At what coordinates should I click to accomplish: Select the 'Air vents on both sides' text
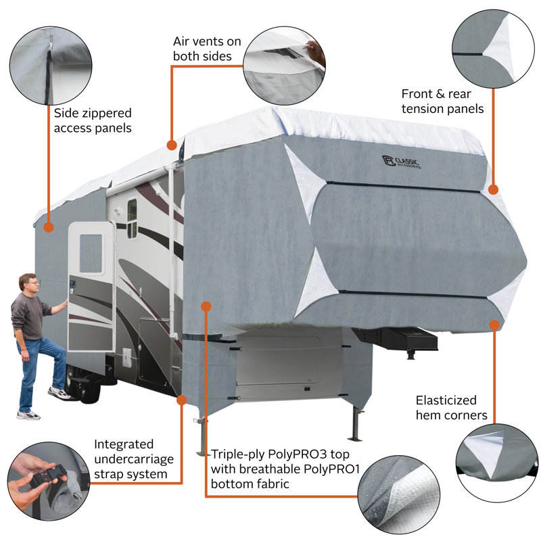(x=206, y=49)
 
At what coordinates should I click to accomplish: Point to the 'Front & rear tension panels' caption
(x=442, y=101)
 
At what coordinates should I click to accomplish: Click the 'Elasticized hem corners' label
(x=451, y=408)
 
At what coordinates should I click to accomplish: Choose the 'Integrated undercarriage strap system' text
(x=133, y=459)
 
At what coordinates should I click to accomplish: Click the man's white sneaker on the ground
(x=28, y=415)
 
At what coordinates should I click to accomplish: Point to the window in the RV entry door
(x=91, y=253)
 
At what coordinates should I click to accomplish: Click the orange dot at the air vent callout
(x=172, y=145)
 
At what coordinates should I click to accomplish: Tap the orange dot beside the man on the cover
(x=48, y=227)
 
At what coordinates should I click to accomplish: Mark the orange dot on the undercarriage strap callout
(x=181, y=400)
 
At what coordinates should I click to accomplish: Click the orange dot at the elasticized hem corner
(x=495, y=325)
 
